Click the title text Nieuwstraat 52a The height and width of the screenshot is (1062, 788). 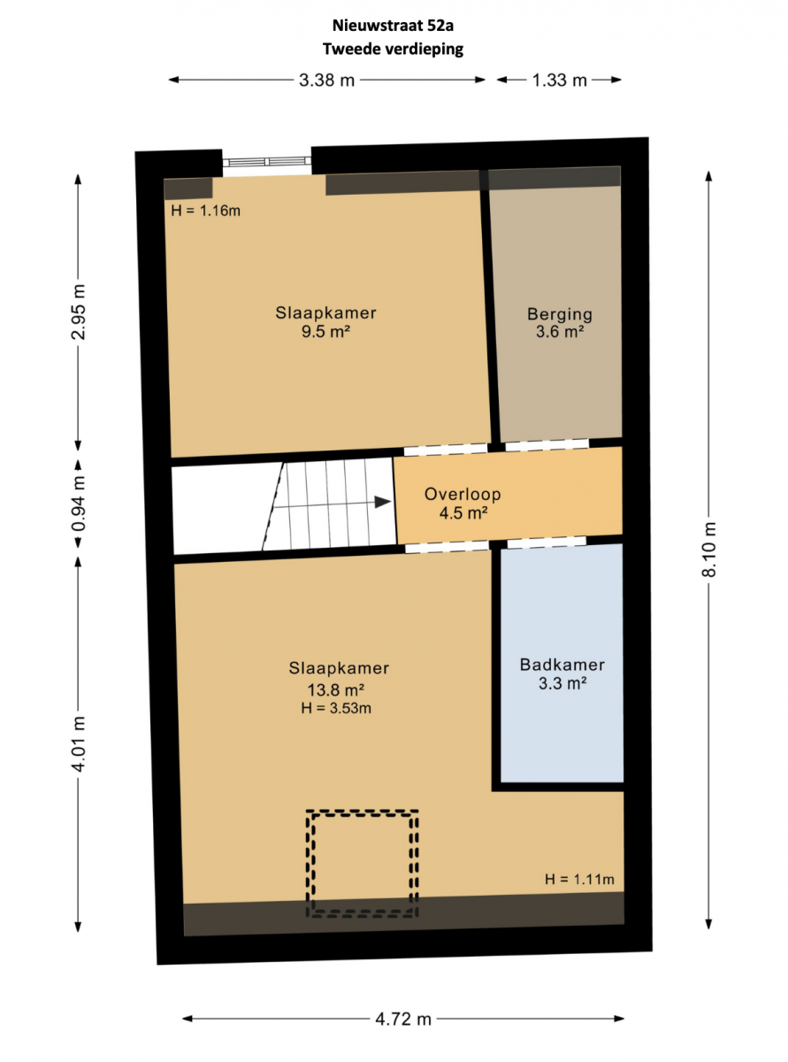[x=393, y=26]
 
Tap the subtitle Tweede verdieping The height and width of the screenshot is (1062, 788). [x=393, y=49]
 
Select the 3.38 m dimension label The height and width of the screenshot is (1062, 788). [x=326, y=80]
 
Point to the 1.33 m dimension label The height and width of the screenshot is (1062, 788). [x=559, y=80]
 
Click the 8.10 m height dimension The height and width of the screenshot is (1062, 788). [x=708, y=550]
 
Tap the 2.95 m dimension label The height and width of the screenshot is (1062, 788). [x=78, y=312]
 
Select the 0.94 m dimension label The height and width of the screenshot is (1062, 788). [x=78, y=504]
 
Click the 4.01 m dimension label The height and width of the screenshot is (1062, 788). [x=78, y=743]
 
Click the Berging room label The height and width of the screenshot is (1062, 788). [x=560, y=314]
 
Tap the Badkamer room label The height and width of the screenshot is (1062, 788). [x=562, y=665]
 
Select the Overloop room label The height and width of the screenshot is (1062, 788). [x=463, y=494]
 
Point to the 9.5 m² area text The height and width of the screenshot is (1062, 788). [x=325, y=331]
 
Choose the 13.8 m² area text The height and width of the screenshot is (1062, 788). [x=336, y=690]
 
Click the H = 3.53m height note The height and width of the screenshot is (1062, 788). [x=336, y=708]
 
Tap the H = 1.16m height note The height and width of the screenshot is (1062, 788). [x=206, y=211]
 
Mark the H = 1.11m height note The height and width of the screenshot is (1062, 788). [x=579, y=879]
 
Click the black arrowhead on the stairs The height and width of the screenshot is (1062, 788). [x=383, y=503]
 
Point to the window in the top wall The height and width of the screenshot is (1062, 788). [x=266, y=162]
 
